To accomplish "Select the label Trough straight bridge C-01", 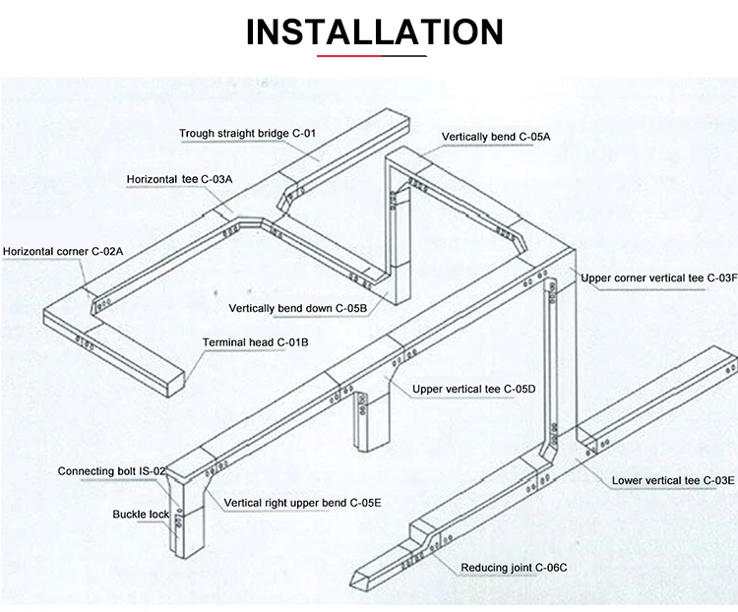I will pyautogui.click(x=247, y=133).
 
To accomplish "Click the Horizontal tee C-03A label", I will pyautogui.click(x=179, y=179).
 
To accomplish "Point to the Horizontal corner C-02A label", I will pyautogui.click(x=63, y=252).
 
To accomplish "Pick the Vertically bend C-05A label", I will pyautogui.click(x=495, y=137).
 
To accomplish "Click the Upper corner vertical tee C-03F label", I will pyautogui.click(x=658, y=278).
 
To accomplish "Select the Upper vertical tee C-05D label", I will pyautogui.click(x=473, y=390).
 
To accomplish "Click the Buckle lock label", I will pyautogui.click(x=141, y=514).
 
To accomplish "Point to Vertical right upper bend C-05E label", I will pyautogui.click(x=302, y=503).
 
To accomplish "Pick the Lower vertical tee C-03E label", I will pyautogui.click(x=673, y=480).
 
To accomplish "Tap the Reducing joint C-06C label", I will pyautogui.click(x=514, y=568).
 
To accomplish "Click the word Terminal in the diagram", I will pyautogui.click(x=224, y=342).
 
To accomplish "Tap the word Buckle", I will pyautogui.click(x=129, y=514).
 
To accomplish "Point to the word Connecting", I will pyautogui.click(x=86, y=471).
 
